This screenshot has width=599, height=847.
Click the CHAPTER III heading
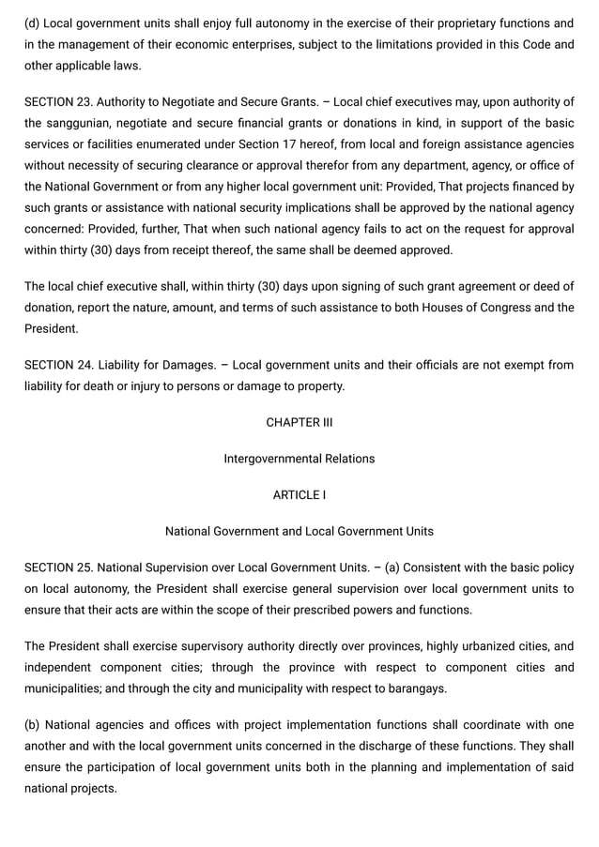tap(299, 422)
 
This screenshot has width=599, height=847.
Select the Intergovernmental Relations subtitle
tap(299, 459)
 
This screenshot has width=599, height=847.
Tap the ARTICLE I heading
tap(299, 494)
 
